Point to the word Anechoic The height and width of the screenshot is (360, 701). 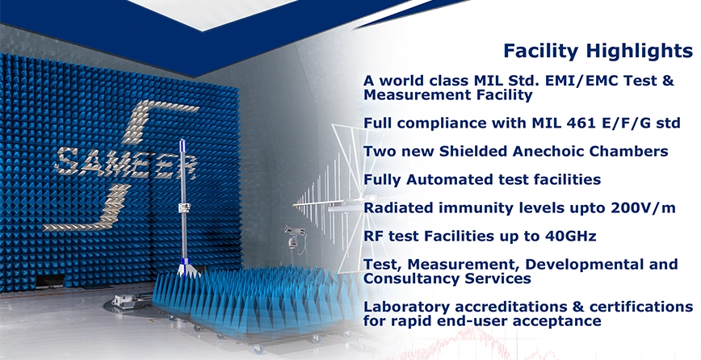(549, 151)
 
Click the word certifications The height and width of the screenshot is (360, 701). (641, 307)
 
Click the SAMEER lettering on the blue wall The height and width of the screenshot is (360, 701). (125, 164)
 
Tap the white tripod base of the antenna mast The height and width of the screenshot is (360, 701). (187, 269)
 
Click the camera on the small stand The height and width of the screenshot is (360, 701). (295, 232)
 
